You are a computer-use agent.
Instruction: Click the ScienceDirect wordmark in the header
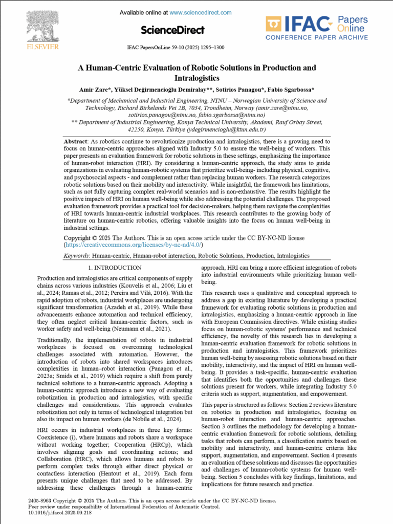point(172,30)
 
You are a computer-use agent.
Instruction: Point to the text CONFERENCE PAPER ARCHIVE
point(316,37)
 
